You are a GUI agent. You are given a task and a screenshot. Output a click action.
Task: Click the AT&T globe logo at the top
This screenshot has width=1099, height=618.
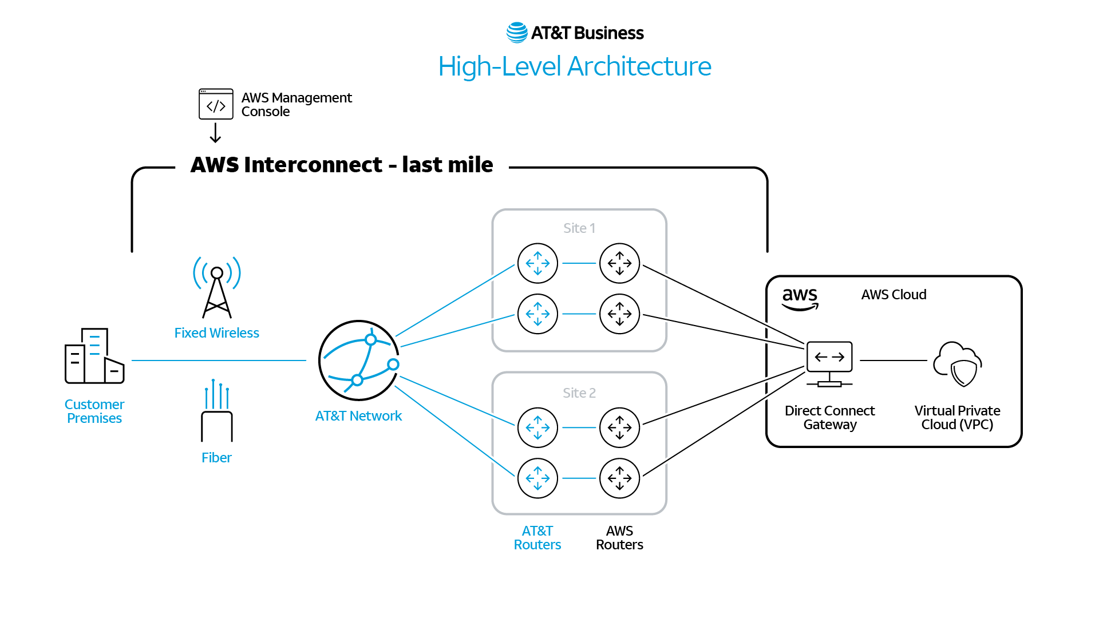click(x=517, y=33)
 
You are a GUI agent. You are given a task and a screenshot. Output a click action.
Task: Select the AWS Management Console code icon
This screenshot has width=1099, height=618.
click(x=216, y=104)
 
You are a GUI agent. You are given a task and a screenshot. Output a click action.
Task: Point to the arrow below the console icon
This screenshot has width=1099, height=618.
click(x=215, y=133)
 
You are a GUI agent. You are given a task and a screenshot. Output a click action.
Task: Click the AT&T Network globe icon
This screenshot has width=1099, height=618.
click(x=358, y=360)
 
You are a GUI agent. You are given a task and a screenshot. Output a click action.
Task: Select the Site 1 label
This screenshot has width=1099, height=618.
click(x=579, y=228)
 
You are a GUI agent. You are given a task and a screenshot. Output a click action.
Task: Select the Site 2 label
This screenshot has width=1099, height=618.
click(x=579, y=393)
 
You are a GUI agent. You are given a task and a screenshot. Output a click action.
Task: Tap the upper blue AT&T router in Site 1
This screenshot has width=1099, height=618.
click(x=537, y=263)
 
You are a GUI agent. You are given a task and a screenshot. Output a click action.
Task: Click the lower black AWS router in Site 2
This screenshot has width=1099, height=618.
click(x=619, y=478)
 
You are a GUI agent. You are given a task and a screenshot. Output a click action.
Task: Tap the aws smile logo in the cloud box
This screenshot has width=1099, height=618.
click(x=800, y=299)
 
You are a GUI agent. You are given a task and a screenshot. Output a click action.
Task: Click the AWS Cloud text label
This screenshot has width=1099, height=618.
click(x=894, y=295)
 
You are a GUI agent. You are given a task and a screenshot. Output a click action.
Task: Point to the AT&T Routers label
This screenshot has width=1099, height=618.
click(x=537, y=538)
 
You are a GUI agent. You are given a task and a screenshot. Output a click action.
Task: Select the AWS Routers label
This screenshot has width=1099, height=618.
click(x=619, y=538)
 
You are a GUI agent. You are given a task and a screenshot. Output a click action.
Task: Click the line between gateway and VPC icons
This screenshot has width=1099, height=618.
click(x=893, y=360)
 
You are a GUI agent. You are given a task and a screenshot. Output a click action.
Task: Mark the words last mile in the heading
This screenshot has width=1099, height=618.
click(x=447, y=165)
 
